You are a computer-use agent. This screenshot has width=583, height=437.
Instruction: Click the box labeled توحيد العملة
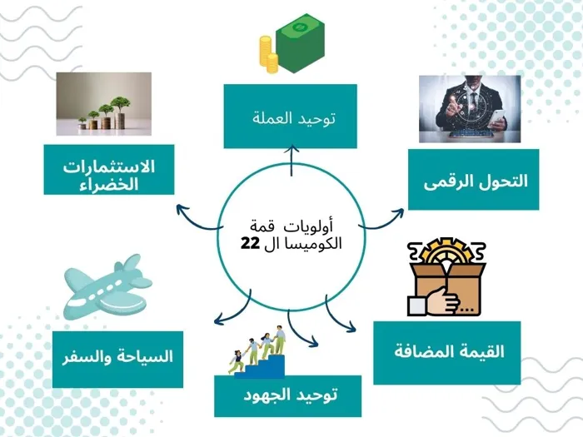[291, 117]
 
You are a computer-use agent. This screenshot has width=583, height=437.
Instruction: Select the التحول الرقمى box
[473, 180]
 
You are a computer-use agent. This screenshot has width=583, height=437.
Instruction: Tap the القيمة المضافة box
[447, 353]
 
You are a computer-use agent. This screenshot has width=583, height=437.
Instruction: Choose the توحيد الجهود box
[288, 396]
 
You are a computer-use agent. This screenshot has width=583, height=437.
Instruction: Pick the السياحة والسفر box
[118, 360]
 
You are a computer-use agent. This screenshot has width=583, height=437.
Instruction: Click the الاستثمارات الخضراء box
[109, 170]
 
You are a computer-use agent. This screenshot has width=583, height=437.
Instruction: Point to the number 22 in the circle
[250, 244]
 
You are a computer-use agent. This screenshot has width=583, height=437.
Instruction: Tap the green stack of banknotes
[301, 43]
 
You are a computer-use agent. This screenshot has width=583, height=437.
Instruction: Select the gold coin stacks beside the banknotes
[268, 55]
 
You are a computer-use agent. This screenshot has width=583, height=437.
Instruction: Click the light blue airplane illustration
[107, 287]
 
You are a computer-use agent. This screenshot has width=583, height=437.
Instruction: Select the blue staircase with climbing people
[260, 365]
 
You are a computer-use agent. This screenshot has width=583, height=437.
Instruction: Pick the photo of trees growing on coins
[104, 104]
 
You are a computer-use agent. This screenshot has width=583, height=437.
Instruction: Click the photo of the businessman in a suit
[470, 109]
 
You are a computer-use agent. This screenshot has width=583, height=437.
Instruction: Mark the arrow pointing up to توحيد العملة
[291, 161]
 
